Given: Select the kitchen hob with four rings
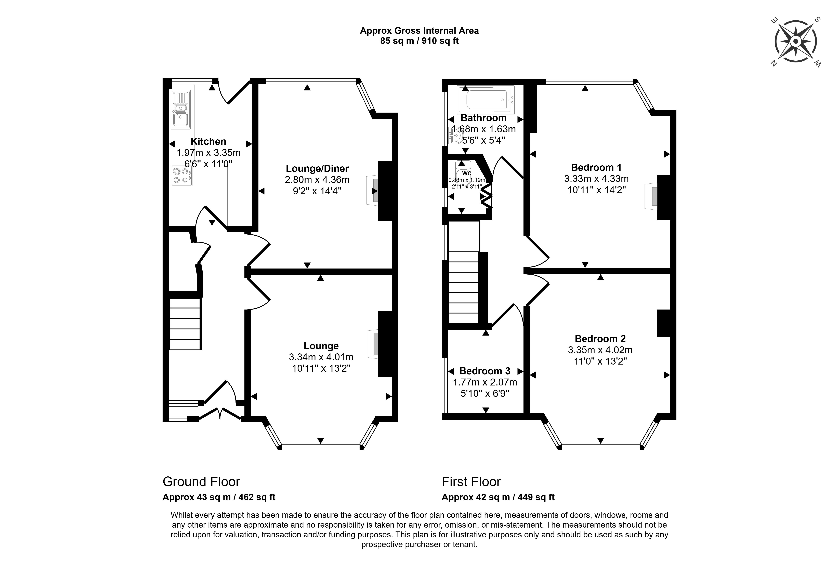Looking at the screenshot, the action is coord(181,175).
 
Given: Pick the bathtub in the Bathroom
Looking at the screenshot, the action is coord(486,99).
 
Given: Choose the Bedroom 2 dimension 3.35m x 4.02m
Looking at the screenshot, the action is coord(600,350).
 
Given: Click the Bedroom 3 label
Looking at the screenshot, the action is coord(485,371).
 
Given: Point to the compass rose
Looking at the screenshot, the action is coord(796,42).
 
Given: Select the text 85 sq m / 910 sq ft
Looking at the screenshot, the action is coord(419,41).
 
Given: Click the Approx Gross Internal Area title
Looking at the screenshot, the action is coord(419,31).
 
